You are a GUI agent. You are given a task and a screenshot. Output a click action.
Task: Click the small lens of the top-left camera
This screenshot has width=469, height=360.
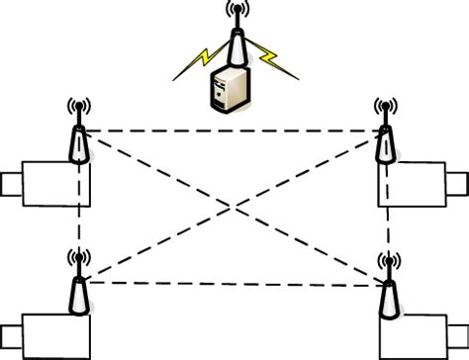(11, 184)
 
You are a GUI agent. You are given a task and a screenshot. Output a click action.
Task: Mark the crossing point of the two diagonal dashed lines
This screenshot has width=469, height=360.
(232, 207)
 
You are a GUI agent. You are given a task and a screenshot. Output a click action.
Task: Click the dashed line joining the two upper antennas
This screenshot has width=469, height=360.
(232, 131)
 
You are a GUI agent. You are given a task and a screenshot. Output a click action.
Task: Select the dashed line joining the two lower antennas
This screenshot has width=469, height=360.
(232, 283)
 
